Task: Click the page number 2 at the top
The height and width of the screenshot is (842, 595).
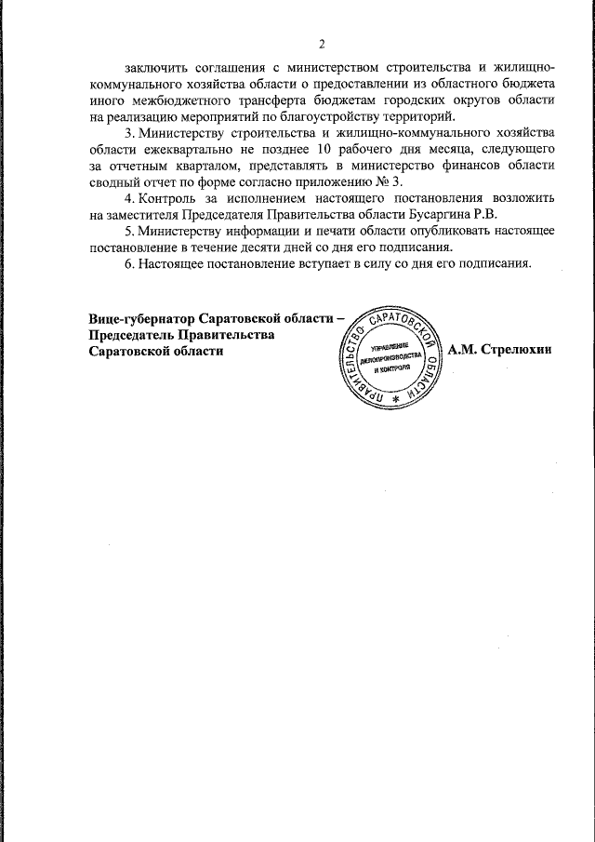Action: (321, 44)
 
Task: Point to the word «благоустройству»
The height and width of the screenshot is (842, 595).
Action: (340, 116)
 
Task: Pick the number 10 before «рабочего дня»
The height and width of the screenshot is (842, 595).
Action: (324, 150)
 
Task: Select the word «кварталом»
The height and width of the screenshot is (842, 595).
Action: (195, 166)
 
